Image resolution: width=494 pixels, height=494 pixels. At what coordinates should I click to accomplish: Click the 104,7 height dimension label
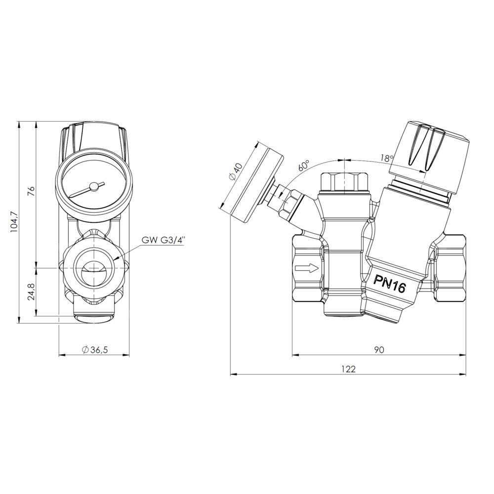coord(15,222)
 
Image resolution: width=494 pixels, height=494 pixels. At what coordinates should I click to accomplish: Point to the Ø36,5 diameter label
coord(94,349)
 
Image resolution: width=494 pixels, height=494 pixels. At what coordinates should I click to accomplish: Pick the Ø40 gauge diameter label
coord(235,172)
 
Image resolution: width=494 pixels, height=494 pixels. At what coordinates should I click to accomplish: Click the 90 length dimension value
coord(379,350)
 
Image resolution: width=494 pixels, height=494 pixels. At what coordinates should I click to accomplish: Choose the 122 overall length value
coord(348,369)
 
